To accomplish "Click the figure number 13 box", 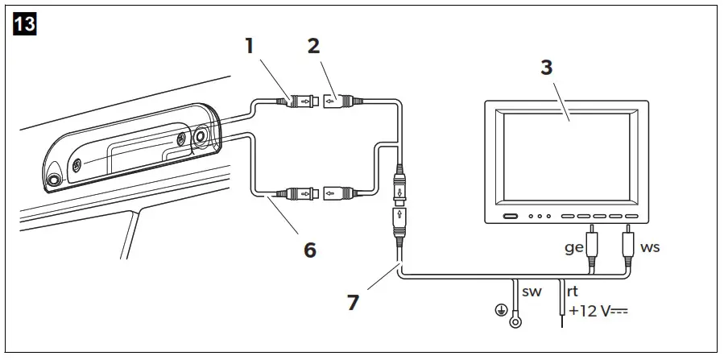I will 23,23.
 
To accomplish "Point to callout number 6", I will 309,250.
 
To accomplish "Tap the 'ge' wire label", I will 573,247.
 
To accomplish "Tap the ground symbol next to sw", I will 500,308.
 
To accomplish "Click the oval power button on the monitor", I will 509,217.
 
